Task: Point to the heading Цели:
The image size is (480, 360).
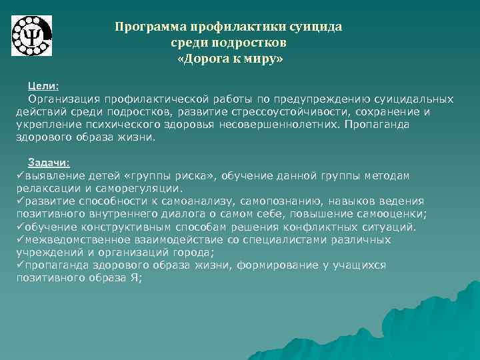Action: pos(43,86)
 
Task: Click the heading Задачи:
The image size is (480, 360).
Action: pos(49,163)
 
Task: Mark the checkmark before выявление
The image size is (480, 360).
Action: pos(20,175)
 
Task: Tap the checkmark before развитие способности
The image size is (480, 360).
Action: pos(20,201)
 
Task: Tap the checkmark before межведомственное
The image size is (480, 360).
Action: pos(20,239)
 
